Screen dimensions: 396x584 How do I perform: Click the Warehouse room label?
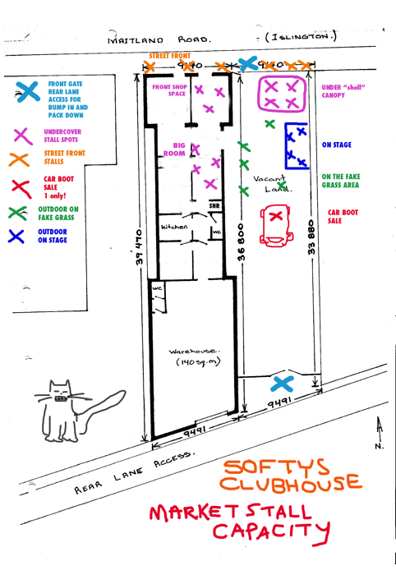click(195, 356)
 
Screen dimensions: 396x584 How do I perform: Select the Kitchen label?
click(174, 227)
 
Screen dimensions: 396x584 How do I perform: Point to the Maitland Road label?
click(159, 39)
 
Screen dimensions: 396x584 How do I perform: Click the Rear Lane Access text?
click(133, 472)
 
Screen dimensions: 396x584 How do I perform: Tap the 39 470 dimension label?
click(139, 247)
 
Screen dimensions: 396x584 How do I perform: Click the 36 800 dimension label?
click(241, 242)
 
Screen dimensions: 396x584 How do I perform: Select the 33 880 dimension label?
click(311, 237)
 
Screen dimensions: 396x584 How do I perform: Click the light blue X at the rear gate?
click(282, 384)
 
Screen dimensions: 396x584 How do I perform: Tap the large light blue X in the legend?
click(28, 92)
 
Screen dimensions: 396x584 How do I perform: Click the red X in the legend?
click(21, 189)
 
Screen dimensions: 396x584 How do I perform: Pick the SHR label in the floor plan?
click(214, 205)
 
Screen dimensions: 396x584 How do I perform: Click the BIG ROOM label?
click(174, 149)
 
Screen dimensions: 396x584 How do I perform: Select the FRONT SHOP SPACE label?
click(169, 90)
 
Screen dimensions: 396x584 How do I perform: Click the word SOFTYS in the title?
click(276, 467)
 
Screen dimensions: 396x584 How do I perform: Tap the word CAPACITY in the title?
click(271, 532)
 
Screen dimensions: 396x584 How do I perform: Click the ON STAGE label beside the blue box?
click(337, 145)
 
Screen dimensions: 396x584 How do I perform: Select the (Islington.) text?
click(301, 37)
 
